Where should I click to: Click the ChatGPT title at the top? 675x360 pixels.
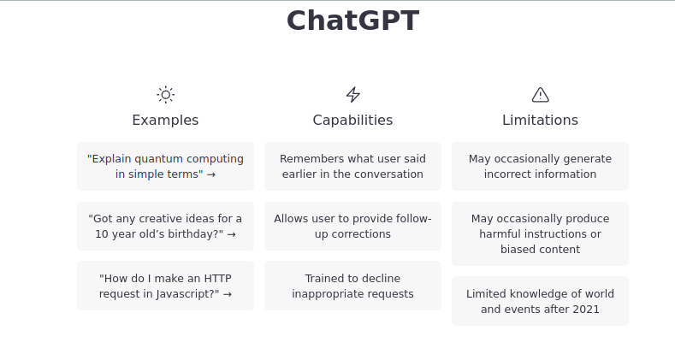click(352, 21)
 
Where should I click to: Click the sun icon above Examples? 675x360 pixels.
click(165, 95)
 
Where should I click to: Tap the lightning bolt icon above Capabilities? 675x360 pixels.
click(352, 95)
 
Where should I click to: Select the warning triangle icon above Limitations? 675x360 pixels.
click(540, 95)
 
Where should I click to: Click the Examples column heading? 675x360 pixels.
click(165, 120)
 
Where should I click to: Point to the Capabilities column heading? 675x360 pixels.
click(352, 120)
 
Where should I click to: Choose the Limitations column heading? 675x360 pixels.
click(540, 120)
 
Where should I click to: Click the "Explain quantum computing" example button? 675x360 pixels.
click(165, 166)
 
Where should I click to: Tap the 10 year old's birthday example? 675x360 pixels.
click(165, 226)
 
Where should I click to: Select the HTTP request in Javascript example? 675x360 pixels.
click(165, 286)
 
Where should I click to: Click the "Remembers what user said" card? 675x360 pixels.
click(352, 166)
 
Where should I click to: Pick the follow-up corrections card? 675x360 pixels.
click(352, 226)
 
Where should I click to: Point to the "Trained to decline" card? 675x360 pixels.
click(352, 286)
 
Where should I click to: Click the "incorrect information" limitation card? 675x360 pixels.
click(540, 166)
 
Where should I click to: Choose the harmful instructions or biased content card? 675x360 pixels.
click(540, 233)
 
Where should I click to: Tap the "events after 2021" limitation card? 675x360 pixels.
click(540, 301)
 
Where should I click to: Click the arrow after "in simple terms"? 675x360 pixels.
click(211, 174)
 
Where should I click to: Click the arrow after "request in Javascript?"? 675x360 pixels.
click(228, 294)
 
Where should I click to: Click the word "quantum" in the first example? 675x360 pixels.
click(156, 158)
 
